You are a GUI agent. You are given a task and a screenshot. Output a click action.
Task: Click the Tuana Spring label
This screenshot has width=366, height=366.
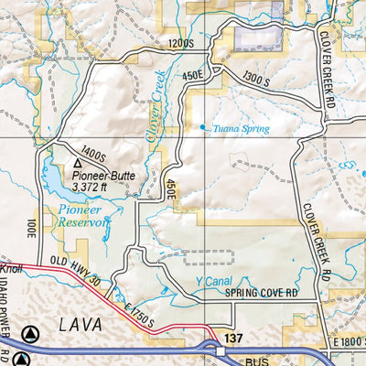(241, 129)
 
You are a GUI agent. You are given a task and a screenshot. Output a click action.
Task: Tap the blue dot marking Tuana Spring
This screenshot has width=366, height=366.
(203, 127)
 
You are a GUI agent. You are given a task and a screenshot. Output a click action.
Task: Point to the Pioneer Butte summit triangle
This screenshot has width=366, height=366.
(78, 163)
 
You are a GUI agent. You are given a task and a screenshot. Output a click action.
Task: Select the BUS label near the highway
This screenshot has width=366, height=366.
(262, 361)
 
